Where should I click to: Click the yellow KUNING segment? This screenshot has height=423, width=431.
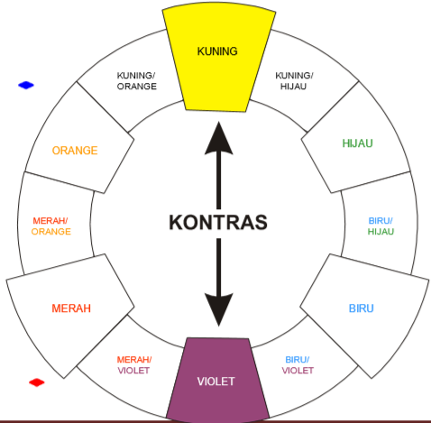pyautogui.click(x=218, y=60)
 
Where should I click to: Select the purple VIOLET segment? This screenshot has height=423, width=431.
pyautogui.click(x=218, y=379)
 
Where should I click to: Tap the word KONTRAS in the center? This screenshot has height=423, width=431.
pyautogui.click(x=218, y=223)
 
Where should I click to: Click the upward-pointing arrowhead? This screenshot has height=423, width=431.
pyautogui.click(x=219, y=138)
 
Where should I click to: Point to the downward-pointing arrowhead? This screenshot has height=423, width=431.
pyautogui.click(x=219, y=309)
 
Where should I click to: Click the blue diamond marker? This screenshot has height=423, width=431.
pyautogui.click(x=26, y=85)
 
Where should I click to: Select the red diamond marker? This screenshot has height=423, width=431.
pyautogui.click(x=37, y=382)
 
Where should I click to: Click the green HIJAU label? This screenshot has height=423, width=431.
pyautogui.click(x=358, y=143)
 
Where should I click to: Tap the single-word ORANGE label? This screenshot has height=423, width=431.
pyautogui.click(x=75, y=151)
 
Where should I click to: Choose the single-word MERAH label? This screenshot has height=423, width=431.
pyautogui.click(x=71, y=308)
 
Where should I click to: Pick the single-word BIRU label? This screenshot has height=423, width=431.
pyautogui.click(x=362, y=308)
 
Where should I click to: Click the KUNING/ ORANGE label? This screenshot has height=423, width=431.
pyautogui.click(x=137, y=81)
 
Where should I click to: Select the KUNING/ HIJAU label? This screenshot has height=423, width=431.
pyautogui.click(x=294, y=81)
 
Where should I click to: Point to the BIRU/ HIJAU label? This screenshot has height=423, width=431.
pyautogui.click(x=381, y=226)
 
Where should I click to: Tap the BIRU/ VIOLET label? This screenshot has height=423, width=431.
pyautogui.click(x=298, y=365)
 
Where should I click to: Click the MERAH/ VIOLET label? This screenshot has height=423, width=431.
pyautogui.click(x=134, y=365)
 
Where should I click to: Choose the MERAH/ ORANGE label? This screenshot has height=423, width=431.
pyautogui.click(x=51, y=226)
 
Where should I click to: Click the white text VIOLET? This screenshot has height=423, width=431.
pyautogui.click(x=215, y=382)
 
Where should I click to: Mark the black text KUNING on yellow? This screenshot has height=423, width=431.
pyautogui.click(x=217, y=51)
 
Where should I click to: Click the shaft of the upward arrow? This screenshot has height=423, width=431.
pyautogui.click(x=219, y=181)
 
